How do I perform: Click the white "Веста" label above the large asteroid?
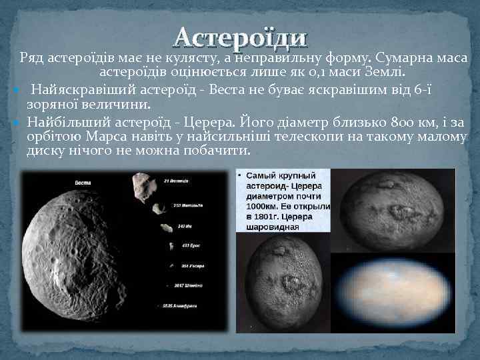[x=83, y=182]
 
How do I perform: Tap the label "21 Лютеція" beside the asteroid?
[x=176, y=181]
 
